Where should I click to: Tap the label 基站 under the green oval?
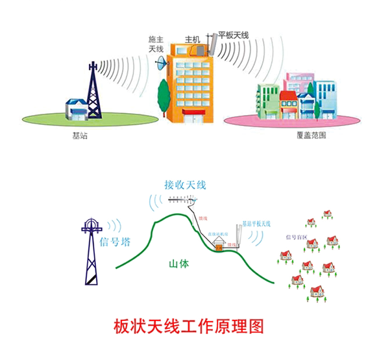coord(79,136)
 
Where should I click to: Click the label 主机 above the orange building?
coord(192,38)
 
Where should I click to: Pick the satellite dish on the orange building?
coord(162,63)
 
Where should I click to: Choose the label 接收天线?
coord(185,185)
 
